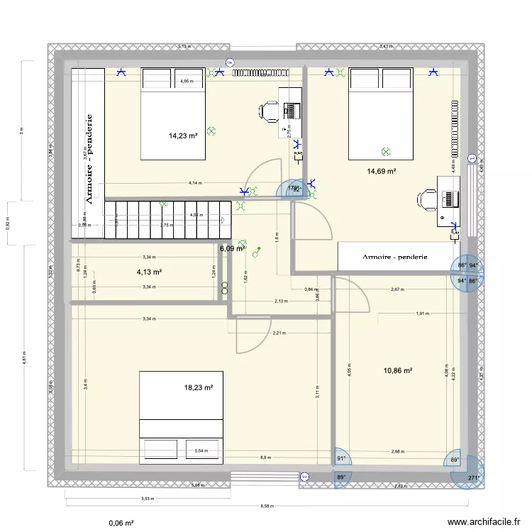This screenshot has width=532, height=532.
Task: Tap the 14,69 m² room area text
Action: point(381,171)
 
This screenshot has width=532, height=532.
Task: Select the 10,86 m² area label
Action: point(398,370)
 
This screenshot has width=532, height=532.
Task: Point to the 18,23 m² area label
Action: point(198,388)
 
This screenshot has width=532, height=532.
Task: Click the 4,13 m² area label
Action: point(150,272)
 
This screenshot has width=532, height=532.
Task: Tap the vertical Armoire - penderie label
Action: point(89,160)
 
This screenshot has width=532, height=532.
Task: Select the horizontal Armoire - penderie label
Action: point(394,257)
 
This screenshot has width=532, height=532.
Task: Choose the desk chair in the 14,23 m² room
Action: point(269,111)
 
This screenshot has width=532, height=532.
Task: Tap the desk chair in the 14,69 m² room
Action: point(427,200)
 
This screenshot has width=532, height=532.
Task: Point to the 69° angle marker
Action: point(455,460)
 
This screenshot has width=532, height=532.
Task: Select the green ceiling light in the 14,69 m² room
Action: point(385,151)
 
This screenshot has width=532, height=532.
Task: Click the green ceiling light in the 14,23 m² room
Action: point(211,130)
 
